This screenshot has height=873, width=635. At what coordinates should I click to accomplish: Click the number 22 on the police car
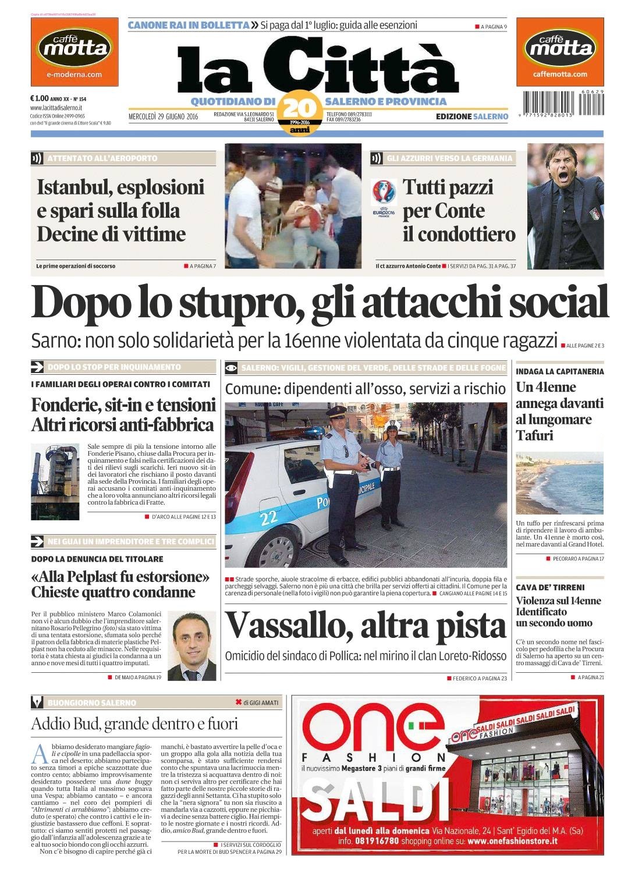coord(268,516)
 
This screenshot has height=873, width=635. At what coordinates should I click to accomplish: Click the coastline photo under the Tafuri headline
coord(559,482)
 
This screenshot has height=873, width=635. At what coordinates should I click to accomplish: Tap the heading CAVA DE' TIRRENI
coord(550,588)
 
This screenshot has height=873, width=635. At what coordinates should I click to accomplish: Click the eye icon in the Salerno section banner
coord(232,367)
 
